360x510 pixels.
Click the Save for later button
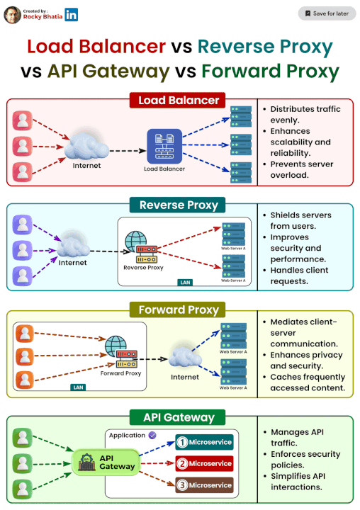click(327, 13)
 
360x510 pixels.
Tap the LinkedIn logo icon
click(72, 14)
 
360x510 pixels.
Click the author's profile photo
click(12, 14)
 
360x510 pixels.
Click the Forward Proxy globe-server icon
click(120, 352)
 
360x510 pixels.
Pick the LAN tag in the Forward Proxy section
click(79, 387)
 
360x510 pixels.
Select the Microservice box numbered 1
click(205, 443)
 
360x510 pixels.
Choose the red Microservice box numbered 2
click(205, 464)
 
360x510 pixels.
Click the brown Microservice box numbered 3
click(205, 485)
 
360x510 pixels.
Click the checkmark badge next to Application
click(152, 434)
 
